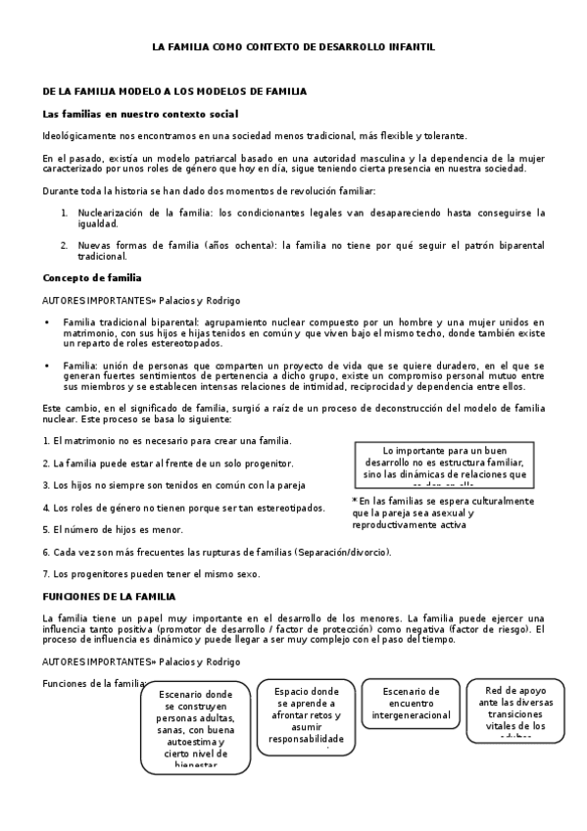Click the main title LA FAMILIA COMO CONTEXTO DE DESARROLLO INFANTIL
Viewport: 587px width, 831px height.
click(x=293, y=46)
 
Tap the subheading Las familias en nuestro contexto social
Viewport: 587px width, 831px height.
click(x=140, y=114)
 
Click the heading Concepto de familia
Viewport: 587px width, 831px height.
click(x=92, y=277)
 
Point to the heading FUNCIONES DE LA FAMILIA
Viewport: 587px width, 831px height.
click(x=109, y=596)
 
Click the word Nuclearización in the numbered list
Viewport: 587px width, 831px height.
click(x=113, y=212)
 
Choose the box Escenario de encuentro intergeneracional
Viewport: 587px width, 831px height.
click(x=412, y=703)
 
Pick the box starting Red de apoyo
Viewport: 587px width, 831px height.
click(x=515, y=710)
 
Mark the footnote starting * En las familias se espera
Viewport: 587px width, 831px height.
click(x=443, y=513)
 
